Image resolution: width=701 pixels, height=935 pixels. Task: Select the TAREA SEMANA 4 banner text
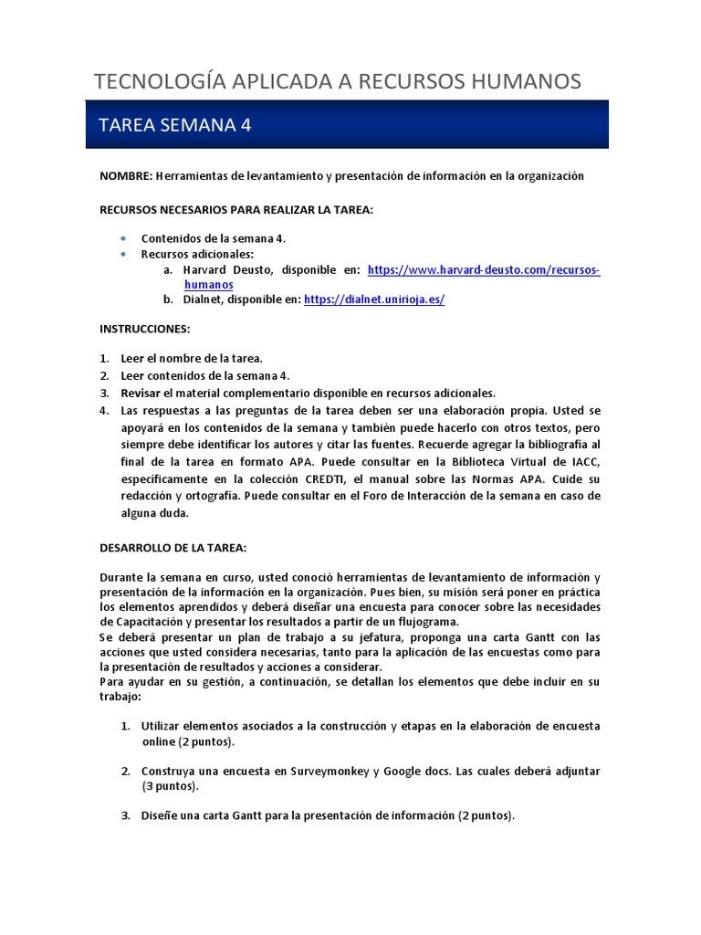click(174, 125)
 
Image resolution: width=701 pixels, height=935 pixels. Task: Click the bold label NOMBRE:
click(126, 175)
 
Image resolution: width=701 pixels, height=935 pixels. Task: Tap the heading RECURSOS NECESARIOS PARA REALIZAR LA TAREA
click(236, 209)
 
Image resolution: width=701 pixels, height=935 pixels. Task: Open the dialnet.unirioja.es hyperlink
click(373, 299)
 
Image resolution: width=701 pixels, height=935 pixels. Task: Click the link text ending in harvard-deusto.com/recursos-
click(483, 270)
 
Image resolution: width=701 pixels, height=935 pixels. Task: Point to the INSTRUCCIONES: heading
click(145, 328)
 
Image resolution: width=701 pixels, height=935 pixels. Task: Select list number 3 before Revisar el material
click(104, 393)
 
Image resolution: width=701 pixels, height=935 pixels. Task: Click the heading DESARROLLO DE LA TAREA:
click(173, 548)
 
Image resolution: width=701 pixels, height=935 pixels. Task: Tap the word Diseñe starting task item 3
click(161, 815)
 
